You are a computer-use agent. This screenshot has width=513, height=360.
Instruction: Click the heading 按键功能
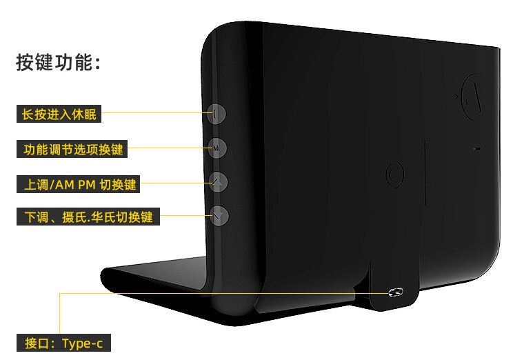(59, 63)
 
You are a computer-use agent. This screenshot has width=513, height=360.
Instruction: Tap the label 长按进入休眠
(59, 114)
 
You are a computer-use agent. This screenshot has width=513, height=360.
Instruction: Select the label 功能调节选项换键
(73, 149)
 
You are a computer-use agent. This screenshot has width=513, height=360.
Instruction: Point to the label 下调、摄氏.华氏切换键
(88, 217)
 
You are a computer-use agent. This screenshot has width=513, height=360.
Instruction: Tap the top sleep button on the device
(217, 114)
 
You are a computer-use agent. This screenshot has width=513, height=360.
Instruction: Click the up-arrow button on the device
(218, 182)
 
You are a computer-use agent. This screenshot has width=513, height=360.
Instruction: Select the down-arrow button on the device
(218, 217)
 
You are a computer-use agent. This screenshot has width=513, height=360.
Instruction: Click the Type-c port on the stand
(395, 292)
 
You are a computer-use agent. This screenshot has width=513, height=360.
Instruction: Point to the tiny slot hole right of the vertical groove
(476, 148)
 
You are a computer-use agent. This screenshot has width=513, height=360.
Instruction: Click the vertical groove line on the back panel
(425, 172)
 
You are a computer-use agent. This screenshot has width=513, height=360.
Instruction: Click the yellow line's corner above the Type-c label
(60, 293)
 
